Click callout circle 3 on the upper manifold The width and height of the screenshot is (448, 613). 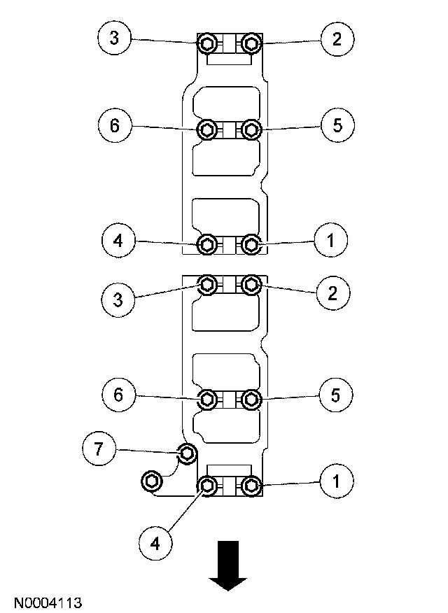114,39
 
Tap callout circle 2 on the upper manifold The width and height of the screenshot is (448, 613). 337,39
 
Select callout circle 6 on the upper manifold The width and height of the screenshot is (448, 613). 114,125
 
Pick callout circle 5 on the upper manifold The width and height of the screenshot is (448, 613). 337,125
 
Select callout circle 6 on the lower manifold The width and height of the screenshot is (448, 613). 118,395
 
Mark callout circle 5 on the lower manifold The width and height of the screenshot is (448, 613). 336,395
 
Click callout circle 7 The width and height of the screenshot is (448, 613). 99,449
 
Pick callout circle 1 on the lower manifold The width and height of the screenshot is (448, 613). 337,481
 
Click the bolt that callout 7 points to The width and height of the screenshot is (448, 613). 186,454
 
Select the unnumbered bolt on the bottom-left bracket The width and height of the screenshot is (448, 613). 151,481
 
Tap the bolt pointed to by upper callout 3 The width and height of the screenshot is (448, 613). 208,45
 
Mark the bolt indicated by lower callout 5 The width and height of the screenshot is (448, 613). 251,400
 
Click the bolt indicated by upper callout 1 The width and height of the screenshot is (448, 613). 251,244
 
